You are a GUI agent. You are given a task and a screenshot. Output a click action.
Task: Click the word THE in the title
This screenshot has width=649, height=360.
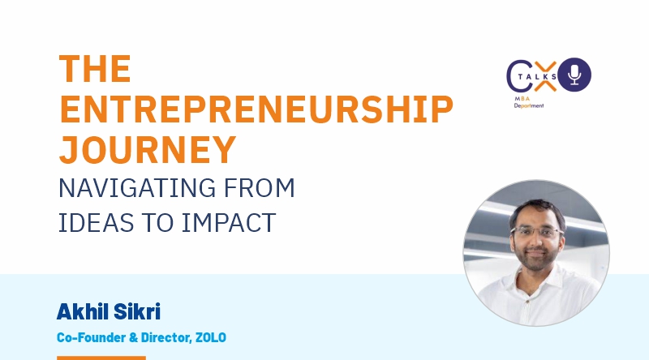(x=95, y=69)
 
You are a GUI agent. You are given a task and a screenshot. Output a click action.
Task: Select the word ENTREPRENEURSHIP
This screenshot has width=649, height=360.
(x=256, y=109)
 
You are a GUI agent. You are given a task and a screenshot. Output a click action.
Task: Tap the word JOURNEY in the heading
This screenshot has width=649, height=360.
(x=148, y=150)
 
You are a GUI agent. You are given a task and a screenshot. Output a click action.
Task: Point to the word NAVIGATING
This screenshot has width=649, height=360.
(x=137, y=188)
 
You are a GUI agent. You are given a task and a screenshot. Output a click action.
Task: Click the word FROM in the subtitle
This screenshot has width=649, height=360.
(x=260, y=188)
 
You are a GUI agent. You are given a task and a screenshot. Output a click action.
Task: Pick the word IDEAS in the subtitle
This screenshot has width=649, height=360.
(x=96, y=223)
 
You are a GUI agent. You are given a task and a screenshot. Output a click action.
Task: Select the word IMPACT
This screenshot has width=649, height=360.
(x=229, y=223)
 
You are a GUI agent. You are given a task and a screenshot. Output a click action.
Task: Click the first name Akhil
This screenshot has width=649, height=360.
(x=83, y=311)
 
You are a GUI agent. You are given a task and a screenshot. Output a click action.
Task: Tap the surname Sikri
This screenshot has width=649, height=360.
(x=136, y=311)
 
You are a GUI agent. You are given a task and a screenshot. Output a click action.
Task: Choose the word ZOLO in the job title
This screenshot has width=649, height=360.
(x=211, y=337)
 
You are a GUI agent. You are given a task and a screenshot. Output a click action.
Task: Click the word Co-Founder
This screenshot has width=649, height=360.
(x=91, y=337)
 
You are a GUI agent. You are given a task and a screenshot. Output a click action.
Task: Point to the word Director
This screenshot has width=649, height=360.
(x=166, y=337)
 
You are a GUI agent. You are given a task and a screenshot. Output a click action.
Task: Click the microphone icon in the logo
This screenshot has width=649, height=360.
(x=574, y=75)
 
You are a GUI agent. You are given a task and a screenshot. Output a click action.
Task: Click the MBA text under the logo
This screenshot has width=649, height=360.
(x=522, y=98)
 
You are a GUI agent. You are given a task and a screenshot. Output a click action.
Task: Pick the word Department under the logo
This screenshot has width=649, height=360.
(x=529, y=105)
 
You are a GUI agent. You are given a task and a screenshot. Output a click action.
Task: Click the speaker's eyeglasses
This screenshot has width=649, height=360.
(x=536, y=231)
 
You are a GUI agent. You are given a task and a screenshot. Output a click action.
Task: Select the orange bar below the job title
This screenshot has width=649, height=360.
(x=101, y=358)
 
